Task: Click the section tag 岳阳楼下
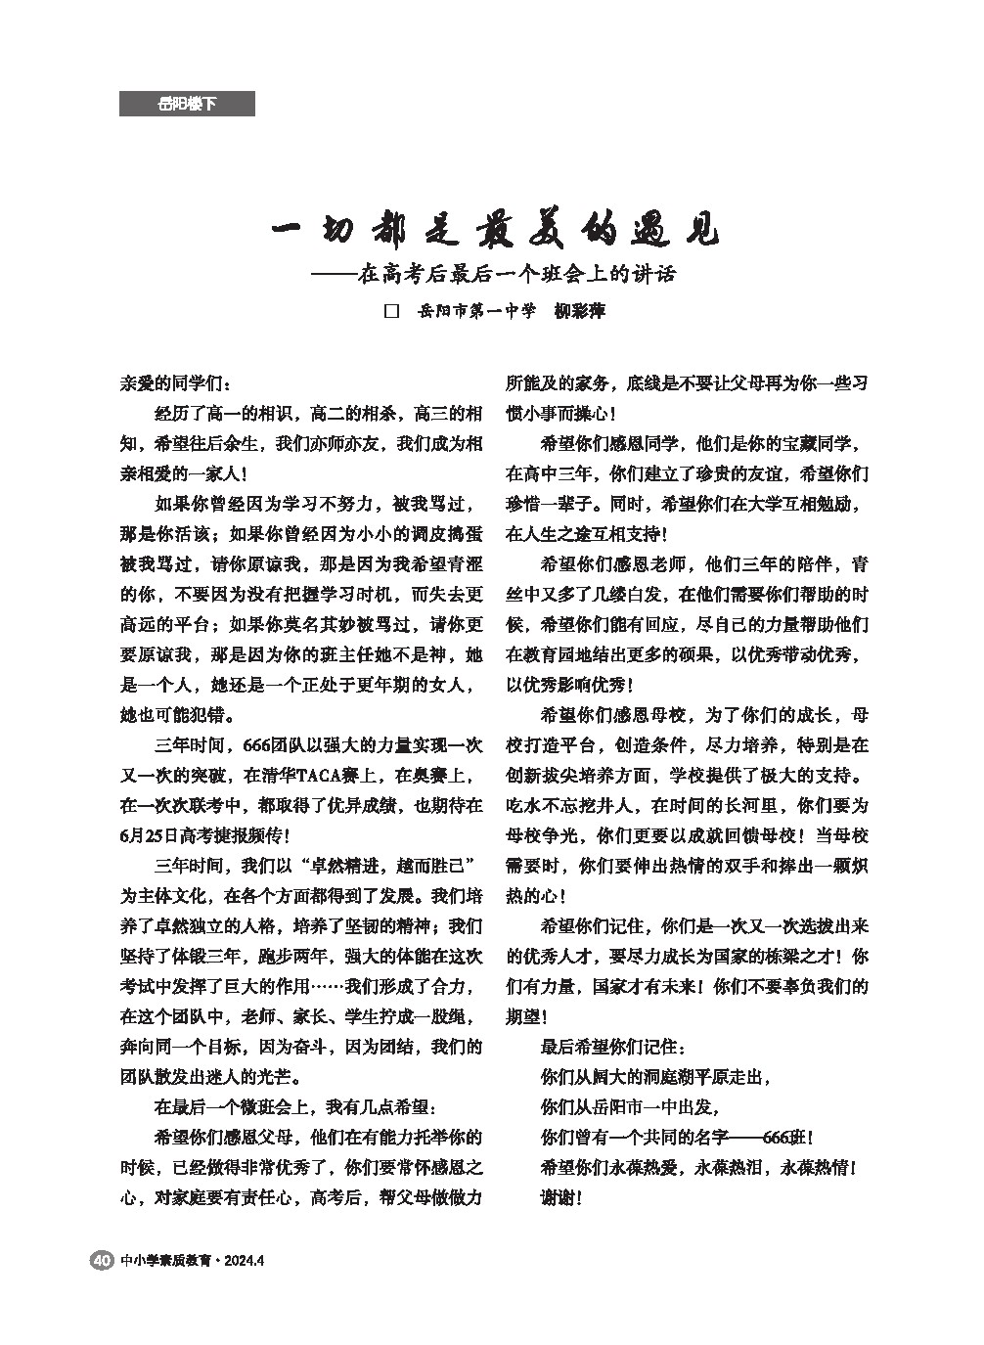point(187,104)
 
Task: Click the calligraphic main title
point(493,233)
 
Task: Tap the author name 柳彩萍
point(580,312)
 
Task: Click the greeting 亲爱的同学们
point(177,383)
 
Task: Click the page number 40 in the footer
point(100,1260)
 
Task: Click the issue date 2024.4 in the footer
point(245,1260)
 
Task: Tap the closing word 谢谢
point(561,1197)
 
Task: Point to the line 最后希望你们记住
point(612,1047)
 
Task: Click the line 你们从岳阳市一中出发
point(631,1107)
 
